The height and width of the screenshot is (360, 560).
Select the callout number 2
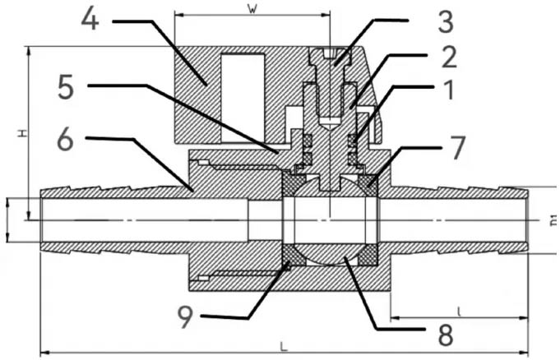(x=448, y=56)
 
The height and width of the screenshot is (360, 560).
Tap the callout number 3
(x=445, y=17)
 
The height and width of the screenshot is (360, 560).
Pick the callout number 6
(x=67, y=140)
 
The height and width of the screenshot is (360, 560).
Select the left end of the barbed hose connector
(x=46, y=218)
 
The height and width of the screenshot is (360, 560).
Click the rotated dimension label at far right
(x=546, y=219)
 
